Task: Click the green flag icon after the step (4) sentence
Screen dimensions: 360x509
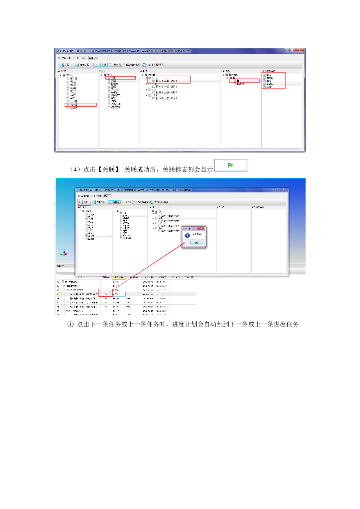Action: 230,165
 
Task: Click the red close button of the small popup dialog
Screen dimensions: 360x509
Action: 203,228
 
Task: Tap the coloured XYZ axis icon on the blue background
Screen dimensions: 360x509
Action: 63,253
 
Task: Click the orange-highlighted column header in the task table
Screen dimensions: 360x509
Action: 119,277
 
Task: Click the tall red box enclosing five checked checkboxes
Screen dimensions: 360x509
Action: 274,81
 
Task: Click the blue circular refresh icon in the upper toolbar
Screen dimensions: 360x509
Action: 144,65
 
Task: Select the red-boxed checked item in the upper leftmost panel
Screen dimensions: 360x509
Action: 81,105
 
